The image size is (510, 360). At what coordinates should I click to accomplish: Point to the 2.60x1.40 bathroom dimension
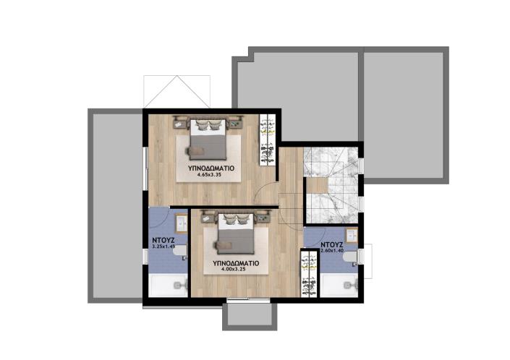[x=331, y=252]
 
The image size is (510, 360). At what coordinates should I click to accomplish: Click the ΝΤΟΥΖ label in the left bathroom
[x=166, y=236]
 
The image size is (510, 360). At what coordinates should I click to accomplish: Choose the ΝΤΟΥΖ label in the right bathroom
[x=331, y=244]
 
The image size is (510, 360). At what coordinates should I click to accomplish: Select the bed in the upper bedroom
[x=209, y=140]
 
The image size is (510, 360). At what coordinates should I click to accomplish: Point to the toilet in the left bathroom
[x=181, y=252]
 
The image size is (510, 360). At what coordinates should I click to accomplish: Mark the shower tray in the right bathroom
[x=339, y=283]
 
